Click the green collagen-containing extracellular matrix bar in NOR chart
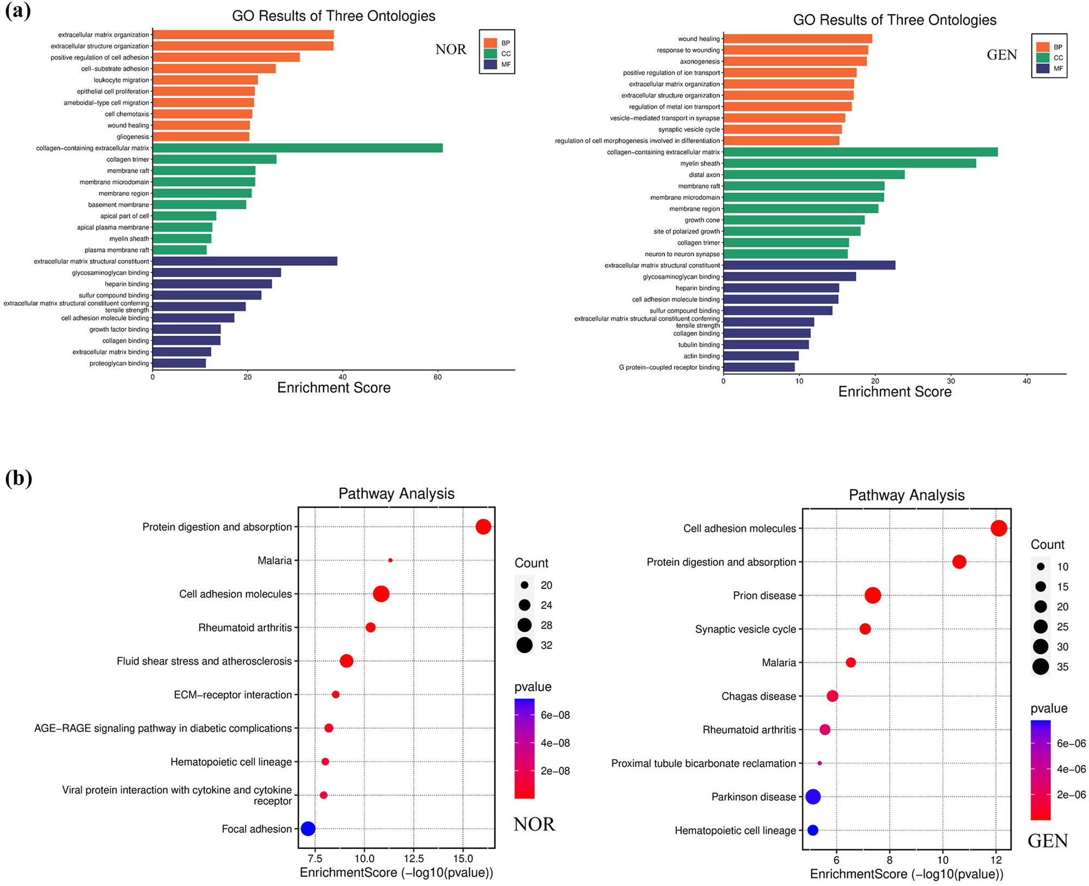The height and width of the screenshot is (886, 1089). (x=297, y=148)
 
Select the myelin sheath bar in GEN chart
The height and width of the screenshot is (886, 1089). (x=849, y=163)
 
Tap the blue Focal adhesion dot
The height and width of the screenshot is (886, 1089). (x=308, y=829)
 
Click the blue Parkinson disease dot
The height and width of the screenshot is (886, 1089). (x=812, y=797)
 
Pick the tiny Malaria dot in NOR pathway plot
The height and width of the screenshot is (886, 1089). (x=390, y=560)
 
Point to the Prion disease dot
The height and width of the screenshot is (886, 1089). (x=872, y=595)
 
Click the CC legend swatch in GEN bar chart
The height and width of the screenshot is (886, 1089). (x=1043, y=58)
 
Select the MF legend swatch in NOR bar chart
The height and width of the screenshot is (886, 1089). (x=491, y=64)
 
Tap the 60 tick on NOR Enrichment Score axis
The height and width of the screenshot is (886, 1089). (x=438, y=377)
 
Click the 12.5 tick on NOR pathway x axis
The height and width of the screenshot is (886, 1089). (x=413, y=859)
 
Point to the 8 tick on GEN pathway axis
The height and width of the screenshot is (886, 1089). (x=890, y=860)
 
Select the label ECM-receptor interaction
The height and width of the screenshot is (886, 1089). (x=233, y=695)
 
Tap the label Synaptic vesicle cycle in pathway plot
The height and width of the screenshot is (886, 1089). (x=745, y=630)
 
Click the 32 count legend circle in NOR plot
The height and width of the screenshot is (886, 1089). (x=524, y=645)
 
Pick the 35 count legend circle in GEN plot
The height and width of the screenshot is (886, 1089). (x=1041, y=667)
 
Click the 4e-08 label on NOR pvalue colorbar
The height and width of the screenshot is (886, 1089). (x=555, y=743)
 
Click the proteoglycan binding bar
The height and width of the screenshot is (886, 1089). (x=179, y=363)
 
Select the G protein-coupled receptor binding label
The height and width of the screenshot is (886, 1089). (x=669, y=368)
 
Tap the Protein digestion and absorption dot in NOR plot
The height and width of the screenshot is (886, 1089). (x=483, y=527)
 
